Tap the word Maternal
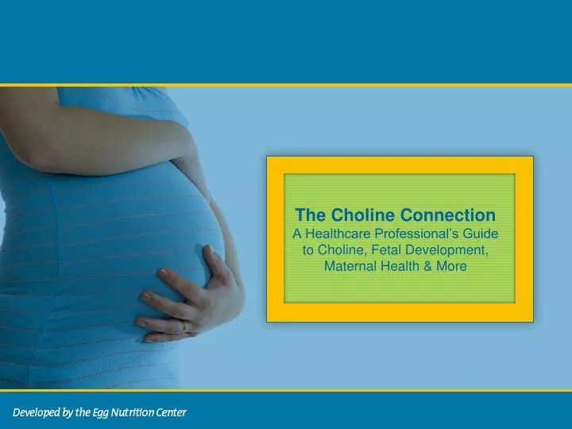[350, 266]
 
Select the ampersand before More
[425, 266]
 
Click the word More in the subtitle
[450, 266]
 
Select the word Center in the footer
[171, 412]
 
